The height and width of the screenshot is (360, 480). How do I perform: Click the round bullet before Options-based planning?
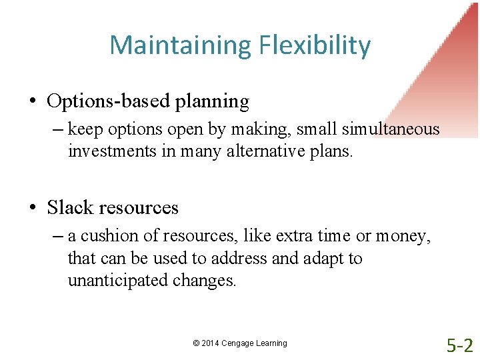point(32,102)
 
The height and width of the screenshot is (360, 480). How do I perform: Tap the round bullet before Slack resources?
point(32,208)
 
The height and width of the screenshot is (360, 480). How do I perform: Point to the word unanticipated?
point(118,280)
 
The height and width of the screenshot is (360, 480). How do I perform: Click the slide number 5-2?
point(459,345)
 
